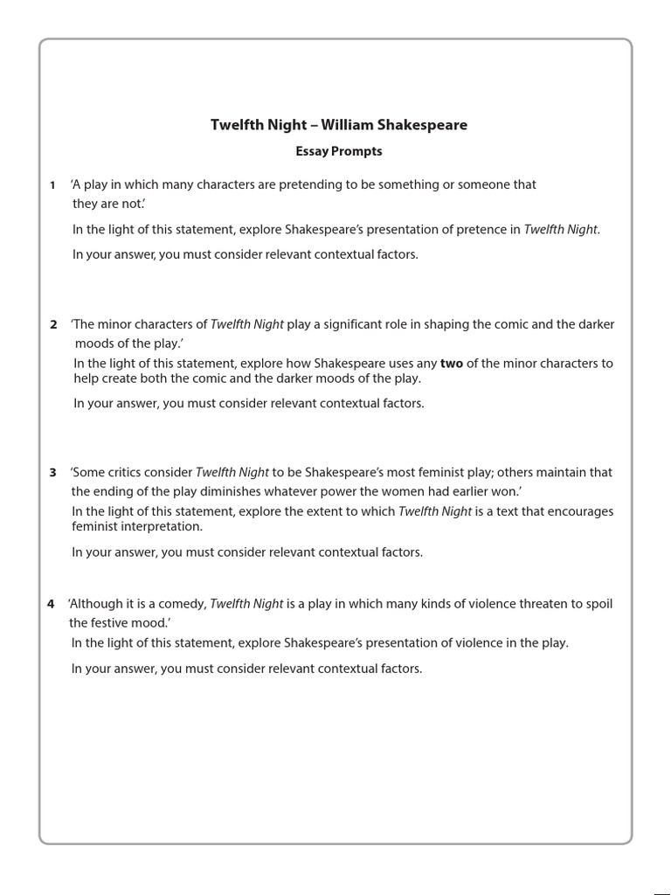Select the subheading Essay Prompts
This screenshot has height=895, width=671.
click(338, 151)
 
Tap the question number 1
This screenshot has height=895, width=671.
click(52, 185)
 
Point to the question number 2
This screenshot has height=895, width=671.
click(53, 324)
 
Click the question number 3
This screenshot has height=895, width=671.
click(53, 473)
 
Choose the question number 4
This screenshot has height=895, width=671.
click(51, 604)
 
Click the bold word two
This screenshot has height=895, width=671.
click(452, 364)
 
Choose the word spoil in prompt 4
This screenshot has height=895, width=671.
click(598, 604)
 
